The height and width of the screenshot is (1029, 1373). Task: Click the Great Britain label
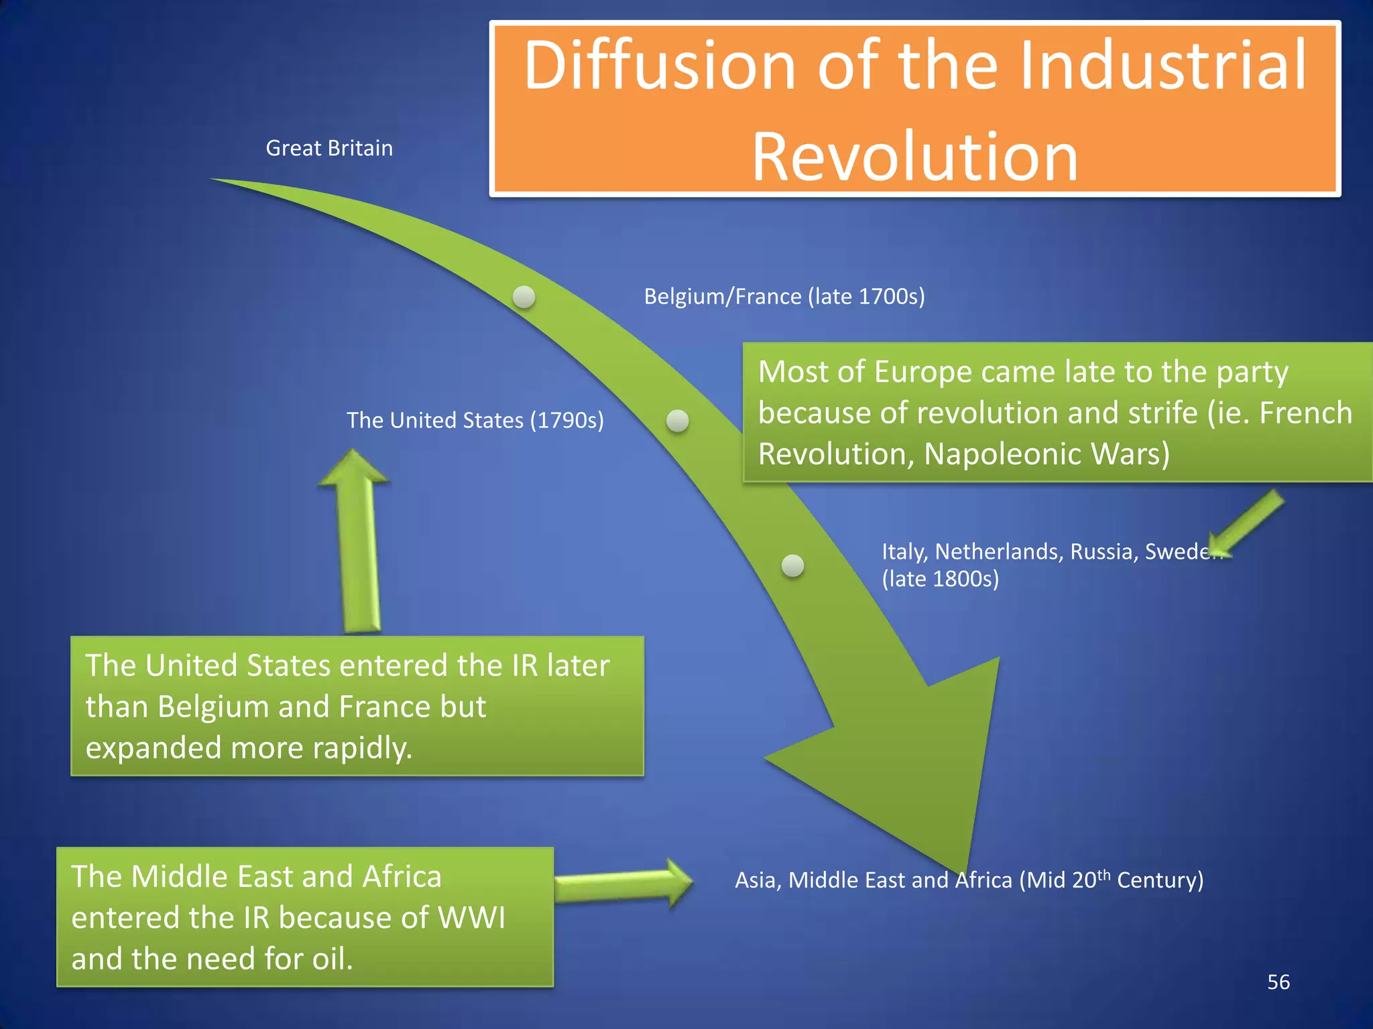[329, 148]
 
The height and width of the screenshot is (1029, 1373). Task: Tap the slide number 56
[1278, 982]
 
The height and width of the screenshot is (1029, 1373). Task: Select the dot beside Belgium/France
[524, 296]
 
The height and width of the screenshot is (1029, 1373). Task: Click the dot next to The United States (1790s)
[678, 421]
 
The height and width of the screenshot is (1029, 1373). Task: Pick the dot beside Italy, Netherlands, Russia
[793, 565]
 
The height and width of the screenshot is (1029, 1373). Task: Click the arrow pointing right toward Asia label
[623, 883]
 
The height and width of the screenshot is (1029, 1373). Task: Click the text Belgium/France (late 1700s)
[784, 296]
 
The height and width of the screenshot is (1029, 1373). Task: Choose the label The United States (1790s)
[475, 420]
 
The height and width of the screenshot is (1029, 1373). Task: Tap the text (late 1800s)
[940, 579]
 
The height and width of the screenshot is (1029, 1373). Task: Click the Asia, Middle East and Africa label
[969, 880]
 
